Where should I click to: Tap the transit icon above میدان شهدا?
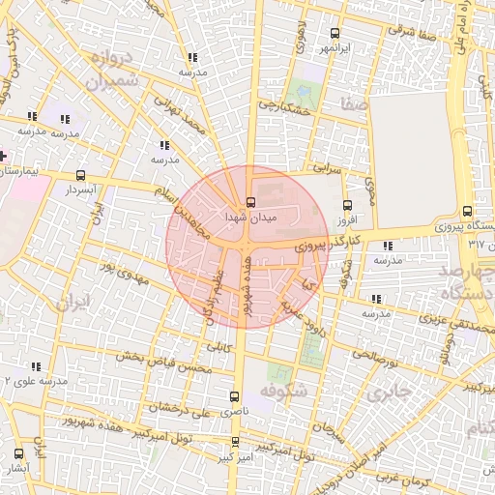pos(251,203)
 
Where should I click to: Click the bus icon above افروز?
pos(348,205)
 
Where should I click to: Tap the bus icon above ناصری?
pos(234,396)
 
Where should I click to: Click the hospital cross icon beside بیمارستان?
pos(4,155)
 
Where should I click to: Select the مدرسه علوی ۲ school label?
pos(35,381)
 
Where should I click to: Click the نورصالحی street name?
pos(375,361)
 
